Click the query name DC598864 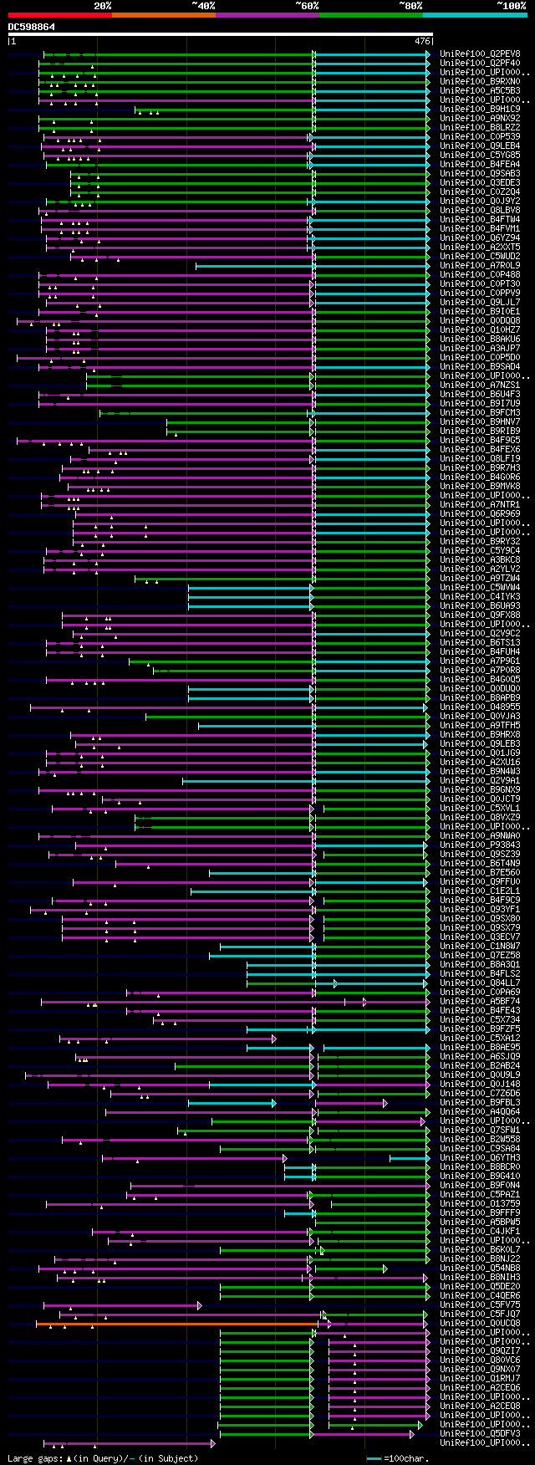(32, 27)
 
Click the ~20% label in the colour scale (102, 6)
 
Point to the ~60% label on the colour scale (307, 6)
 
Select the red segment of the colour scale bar (59, 15)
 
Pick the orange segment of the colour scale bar (163, 15)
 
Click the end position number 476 (421, 40)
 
